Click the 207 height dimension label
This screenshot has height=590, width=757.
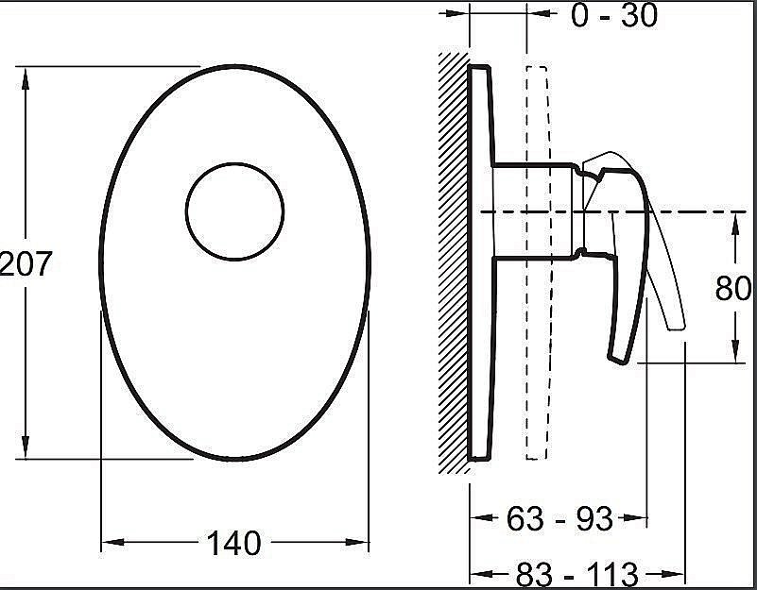click(x=26, y=264)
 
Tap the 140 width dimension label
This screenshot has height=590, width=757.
click(x=234, y=543)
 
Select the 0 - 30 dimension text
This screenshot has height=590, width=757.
click(x=614, y=15)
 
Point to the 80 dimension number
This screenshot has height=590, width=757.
click(x=733, y=289)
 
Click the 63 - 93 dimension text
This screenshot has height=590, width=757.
click(x=559, y=518)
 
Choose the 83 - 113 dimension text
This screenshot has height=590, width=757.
click(x=577, y=575)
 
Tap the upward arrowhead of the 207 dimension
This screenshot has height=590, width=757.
click(x=26, y=78)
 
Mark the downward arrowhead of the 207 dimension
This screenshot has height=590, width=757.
click(x=26, y=447)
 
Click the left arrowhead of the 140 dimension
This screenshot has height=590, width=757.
click(x=113, y=542)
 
